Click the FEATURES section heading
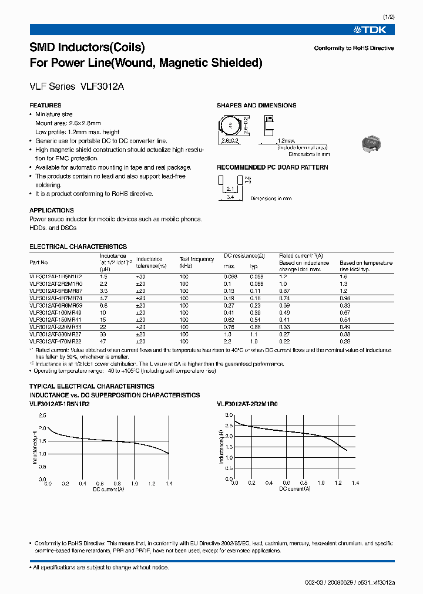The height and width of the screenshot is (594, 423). [45, 106]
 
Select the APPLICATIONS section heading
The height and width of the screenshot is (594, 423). [52, 210]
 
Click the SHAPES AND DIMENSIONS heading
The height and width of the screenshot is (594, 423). [256, 106]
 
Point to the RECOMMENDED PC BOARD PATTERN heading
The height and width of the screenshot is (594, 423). [273, 167]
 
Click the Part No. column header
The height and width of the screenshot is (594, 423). [39, 262]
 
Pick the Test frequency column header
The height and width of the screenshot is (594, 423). [197, 259]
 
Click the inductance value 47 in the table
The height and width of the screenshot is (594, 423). [103, 341]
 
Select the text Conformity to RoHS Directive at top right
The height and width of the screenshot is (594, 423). [354, 48]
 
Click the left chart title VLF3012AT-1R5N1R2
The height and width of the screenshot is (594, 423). [61, 404]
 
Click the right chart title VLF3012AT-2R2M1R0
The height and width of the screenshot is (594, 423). [247, 404]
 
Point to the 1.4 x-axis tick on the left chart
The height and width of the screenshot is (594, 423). [169, 484]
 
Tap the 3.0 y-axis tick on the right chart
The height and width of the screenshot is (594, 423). [230, 415]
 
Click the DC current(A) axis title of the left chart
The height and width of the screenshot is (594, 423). [108, 489]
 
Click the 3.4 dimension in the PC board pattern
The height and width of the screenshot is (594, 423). [230, 198]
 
